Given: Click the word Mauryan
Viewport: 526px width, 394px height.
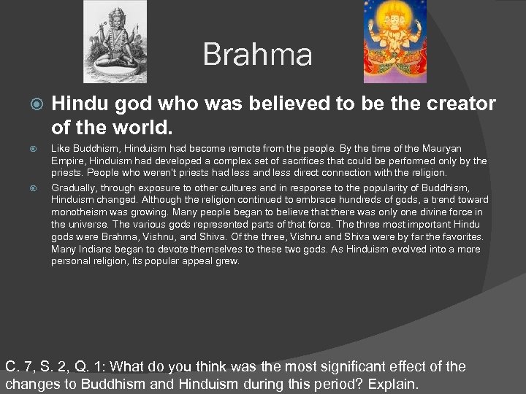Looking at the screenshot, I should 436,148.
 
